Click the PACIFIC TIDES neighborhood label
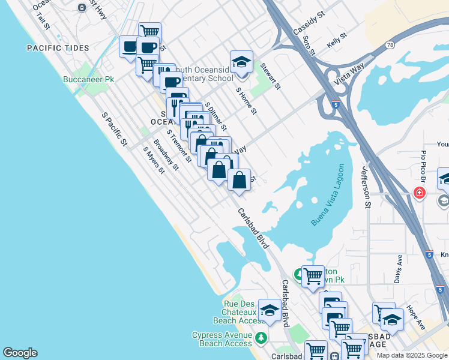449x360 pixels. coord(58,48)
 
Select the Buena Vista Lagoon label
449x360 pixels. coord(328,195)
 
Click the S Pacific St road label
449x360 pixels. coord(115,129)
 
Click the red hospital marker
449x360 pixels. coord(420,193)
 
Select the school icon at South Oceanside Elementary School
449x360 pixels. coord(241,62)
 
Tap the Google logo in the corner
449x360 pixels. coord(20,353)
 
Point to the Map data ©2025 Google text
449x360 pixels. coord(412,355)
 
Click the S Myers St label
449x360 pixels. coord(154,160)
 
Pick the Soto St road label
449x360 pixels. coord(309,45)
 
